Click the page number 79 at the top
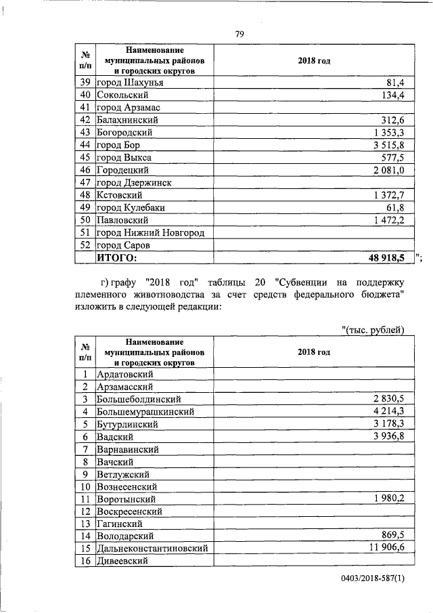[240, 35]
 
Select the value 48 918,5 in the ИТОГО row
[385, 257]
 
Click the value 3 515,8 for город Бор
[388, 145]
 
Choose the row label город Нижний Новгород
[151, 232]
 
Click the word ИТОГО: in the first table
[117, 257]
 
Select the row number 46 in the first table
[85, 170]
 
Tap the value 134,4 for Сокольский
[393, 95]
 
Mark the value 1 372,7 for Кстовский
[388, 195]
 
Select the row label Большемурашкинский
[146, 411]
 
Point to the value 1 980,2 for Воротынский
[388, 499]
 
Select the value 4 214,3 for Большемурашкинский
[388, 411]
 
